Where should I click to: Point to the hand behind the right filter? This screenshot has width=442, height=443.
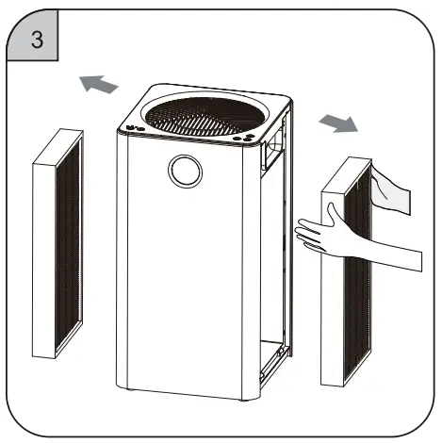[x=391, y=189]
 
